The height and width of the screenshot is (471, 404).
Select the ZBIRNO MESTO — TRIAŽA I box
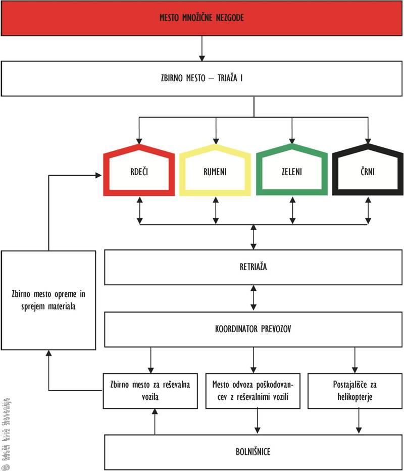[x=202, y=79]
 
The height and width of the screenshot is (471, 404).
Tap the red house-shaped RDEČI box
[x=138, y=172]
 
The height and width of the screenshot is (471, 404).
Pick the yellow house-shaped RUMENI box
[x=215, y=172]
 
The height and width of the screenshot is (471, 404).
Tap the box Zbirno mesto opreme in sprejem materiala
[x=48, y=300]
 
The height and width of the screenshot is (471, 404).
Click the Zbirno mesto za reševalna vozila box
[x=150, y=391]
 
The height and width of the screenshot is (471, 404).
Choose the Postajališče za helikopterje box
[x=356, y=391]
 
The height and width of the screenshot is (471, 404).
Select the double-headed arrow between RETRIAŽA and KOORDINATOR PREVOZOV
[x=254, y=298]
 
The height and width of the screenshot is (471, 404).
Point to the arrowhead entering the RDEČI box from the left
[x=98, y=175]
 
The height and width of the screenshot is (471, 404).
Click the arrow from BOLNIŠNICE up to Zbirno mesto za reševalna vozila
[x=155, y=421]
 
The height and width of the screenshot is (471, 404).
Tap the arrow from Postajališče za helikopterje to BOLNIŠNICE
[x=359, y=421]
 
